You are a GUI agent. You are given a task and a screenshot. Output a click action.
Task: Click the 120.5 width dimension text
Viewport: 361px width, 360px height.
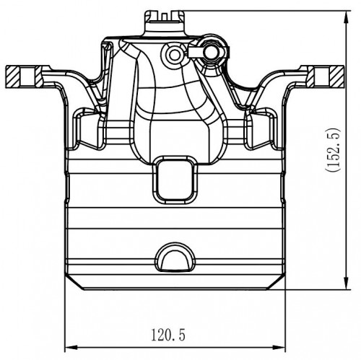click(x=168, y=335)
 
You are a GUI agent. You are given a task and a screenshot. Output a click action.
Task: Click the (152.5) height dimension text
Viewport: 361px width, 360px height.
click(x=334, y=150)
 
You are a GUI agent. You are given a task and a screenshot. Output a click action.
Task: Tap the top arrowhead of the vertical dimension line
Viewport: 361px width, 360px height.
click(x=346, y=18)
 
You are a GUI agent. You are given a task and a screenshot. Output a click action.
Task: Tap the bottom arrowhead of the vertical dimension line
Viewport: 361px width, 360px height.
click(x=346, y=283)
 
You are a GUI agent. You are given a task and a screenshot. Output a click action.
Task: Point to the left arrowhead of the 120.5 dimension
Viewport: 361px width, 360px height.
click(x=71, y=348)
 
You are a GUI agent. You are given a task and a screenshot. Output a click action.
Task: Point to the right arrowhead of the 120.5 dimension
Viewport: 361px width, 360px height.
click(x=279, y=348)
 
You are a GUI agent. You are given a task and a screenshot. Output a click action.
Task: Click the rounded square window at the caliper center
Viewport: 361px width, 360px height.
click(x=175, y=180)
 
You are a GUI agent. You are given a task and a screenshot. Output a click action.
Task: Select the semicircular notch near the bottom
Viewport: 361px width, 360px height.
click(x=175, y=258)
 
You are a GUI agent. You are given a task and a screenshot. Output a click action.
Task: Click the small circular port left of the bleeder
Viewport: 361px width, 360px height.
click(x=174, y=55)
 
